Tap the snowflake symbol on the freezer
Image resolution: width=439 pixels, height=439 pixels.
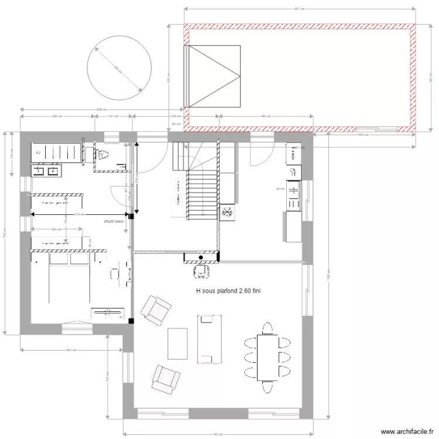(227, 212)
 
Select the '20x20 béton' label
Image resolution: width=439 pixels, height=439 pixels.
(114, 222)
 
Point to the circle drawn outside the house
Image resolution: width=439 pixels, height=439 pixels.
(115, 64)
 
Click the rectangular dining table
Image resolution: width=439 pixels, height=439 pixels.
(267, 357)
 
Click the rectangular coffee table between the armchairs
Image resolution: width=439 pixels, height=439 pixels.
(177, 343)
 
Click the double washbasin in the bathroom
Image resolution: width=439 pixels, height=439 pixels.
(44, 170)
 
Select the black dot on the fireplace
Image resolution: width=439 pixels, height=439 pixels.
(201, 257)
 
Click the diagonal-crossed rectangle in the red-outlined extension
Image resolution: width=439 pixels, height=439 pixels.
(214, 76)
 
